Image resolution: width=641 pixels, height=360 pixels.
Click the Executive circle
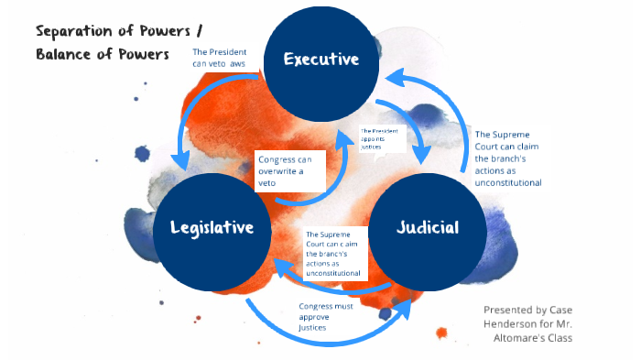pos(320,60)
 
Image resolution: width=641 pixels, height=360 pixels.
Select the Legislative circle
pos(212,227)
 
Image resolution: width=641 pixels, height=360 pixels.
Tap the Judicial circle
pos(427,227)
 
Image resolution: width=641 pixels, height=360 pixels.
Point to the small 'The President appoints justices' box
pos(380,138)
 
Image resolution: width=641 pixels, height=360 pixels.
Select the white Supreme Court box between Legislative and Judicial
pos(333,254)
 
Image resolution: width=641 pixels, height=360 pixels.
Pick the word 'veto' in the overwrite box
pos(268,183)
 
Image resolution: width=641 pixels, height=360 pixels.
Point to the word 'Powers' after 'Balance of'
pos(146,54)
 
